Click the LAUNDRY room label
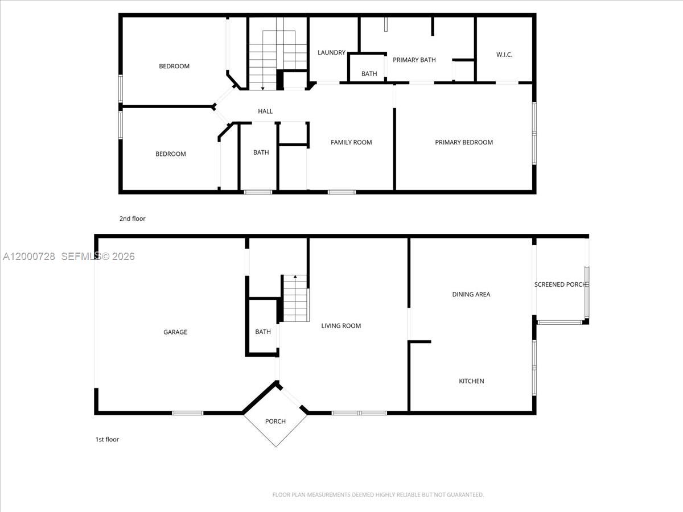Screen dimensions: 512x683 pos(331,53)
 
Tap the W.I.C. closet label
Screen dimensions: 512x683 pos(504,55)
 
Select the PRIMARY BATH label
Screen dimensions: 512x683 pos(414,60)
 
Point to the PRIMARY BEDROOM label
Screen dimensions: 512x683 pos(464,142)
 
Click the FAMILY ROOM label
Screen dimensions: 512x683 pos(351,142)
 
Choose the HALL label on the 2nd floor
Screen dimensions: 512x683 pos(265,112)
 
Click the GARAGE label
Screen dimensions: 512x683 pos(175,332)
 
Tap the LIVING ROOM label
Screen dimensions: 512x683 pos(341,326)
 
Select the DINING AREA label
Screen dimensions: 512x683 pos(471,295)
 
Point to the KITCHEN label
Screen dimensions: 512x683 pos(471,381)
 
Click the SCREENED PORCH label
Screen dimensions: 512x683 pos(560,284)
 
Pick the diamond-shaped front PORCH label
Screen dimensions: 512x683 pos(275,422)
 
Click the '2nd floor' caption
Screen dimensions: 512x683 pos(132,218)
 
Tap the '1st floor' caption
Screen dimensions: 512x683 pos(107,439)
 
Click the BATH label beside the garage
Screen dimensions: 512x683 pos(263,332)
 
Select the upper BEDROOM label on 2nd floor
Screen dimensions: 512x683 pos(174,66)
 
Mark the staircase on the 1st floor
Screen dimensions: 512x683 pos(296,299)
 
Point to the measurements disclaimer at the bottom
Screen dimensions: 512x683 pos(378,495)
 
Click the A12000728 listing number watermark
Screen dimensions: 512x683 pos(29,257)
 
